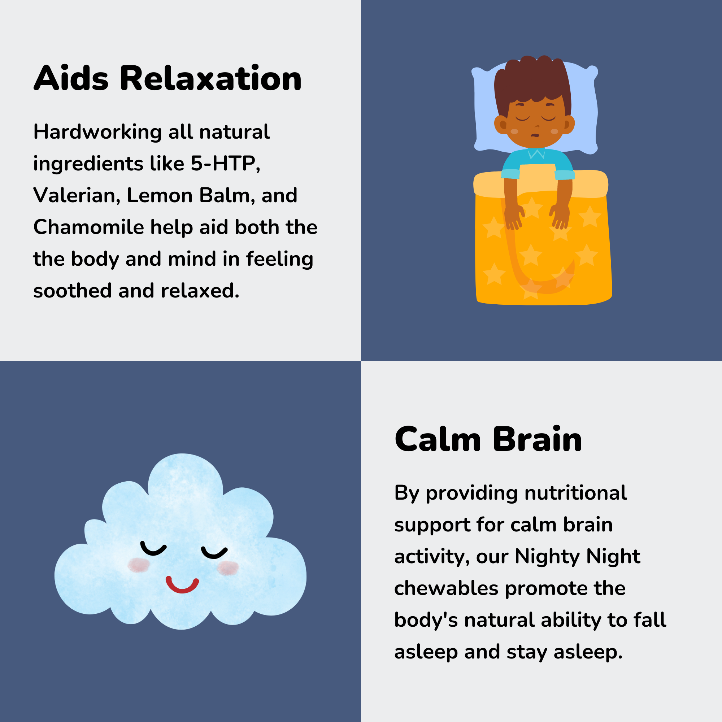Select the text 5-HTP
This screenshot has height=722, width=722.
coord(225,164)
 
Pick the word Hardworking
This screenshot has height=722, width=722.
coord(97,132)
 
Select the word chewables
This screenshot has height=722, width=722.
coord(446,588)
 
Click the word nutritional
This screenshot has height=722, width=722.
coord(576,493)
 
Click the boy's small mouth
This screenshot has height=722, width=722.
coord(535,135)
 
